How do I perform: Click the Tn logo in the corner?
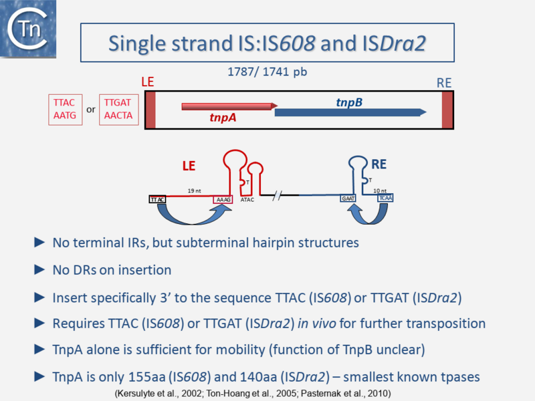coord(27,27)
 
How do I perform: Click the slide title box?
coord(267,42)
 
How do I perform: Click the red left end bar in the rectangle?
coord(150,109)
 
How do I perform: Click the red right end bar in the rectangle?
coord(447,109)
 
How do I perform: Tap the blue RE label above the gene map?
coord(444,83)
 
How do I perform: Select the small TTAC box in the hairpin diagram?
coord(157,199)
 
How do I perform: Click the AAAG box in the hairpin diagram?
coord(223,199)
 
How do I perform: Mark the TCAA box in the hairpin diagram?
coord(386,198)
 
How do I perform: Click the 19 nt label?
coord(194,190)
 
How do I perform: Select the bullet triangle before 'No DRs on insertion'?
coord(39,270)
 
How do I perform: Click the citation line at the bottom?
coord(253,392)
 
